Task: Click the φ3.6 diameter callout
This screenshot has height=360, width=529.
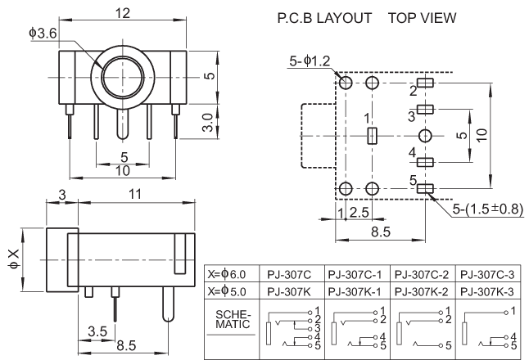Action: click(x=43, y=33)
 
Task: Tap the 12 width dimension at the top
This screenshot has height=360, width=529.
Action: click(x=123, y=13)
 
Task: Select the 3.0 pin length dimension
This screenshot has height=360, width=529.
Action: click(x=209, y=122)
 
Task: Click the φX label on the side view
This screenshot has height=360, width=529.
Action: click(x=13, y=259)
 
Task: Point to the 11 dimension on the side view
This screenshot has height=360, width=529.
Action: click(x=135, y=195)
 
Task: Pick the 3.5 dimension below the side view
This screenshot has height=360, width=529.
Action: click(x=97, y=331)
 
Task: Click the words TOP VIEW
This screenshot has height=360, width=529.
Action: click(x=422, y=18)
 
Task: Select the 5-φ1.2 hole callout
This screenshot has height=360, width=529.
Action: click(x=310, y=61)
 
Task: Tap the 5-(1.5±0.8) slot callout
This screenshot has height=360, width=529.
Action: click(x=488, y=209)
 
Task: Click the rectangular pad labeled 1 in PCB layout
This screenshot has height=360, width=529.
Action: click(x=372, y=136)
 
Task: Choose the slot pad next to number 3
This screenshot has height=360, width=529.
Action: click(x=425, y=109)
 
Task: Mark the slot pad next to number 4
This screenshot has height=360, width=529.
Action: click(x=425, y=163)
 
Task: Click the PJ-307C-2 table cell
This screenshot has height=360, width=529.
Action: click(x=422, y=275)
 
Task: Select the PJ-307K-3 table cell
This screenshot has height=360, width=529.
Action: click(x=487, y=291)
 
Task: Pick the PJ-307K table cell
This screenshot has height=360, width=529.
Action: click(x=289, y=291)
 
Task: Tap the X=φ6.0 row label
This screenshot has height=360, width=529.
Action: click(x=227, y=274)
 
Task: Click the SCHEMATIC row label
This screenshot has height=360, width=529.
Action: click(x=233, y=319)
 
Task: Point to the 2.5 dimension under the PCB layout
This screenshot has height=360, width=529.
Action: click(x=359, y=213)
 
